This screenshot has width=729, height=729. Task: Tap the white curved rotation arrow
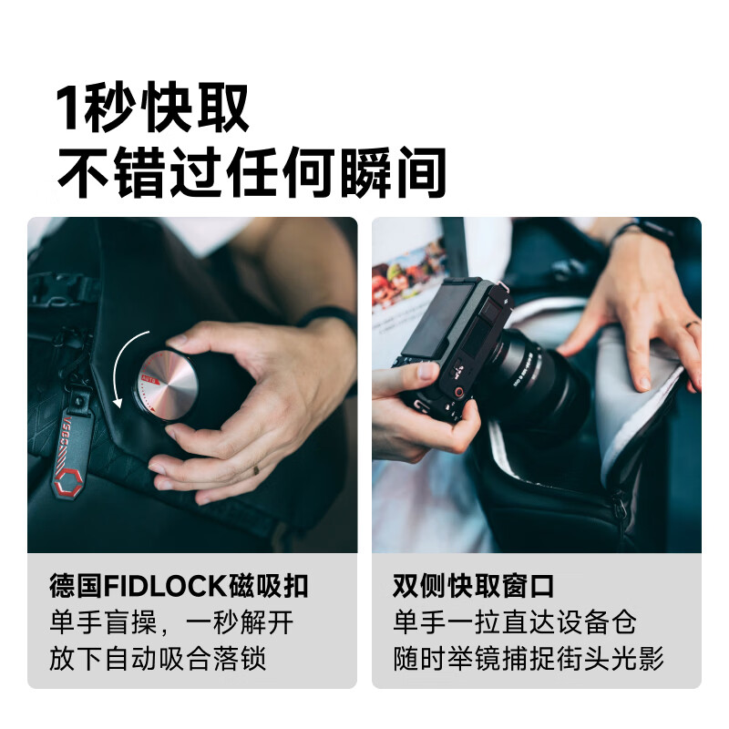pos(117,367)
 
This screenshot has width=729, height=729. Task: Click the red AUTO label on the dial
pos(149,379)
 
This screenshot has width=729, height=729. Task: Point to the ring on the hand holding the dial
pos(256,470)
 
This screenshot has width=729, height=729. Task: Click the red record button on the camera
pos(459,392)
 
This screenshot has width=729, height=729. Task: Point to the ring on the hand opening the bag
pos(692,324)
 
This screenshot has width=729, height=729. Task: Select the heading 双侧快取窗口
pos(473,586)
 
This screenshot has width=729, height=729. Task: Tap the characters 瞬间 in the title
pos(394,172)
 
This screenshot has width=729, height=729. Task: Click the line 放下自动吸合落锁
pos(158,658)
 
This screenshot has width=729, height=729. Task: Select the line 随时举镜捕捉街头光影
pos(529,658)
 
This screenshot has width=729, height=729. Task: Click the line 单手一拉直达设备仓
pos(515,622)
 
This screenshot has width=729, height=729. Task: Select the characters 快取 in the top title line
pos(197,108)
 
